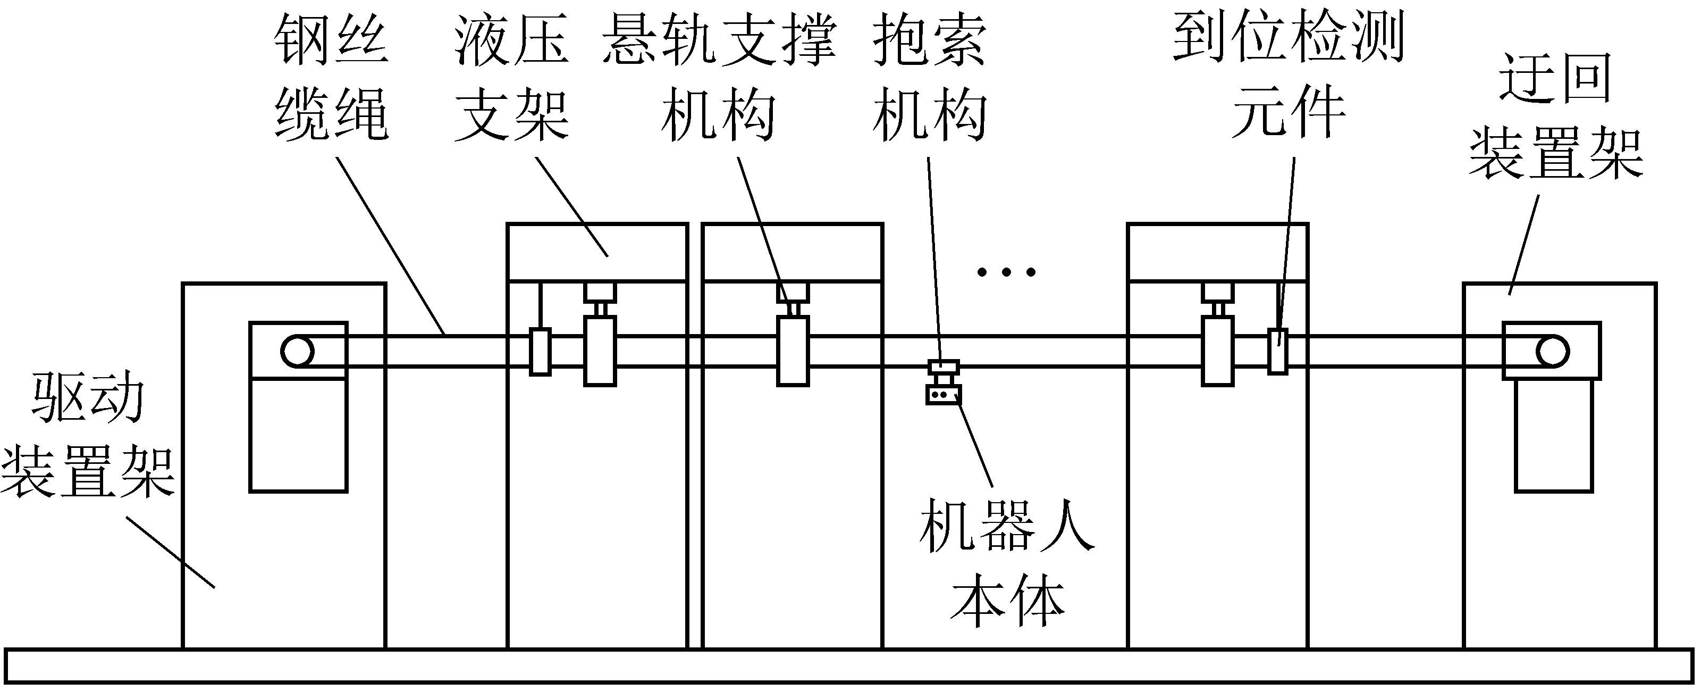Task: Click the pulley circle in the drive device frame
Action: (x=297, y=352)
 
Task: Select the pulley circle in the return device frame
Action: (x=1552, y=352)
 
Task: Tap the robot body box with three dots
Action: (x=943, y=394)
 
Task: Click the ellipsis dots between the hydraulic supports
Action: (x=1006, y=271)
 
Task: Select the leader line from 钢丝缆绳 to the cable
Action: (x=390, y=245)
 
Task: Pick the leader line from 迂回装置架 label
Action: (x=1524, y=245)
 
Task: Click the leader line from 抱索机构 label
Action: (x=934, y=257)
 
